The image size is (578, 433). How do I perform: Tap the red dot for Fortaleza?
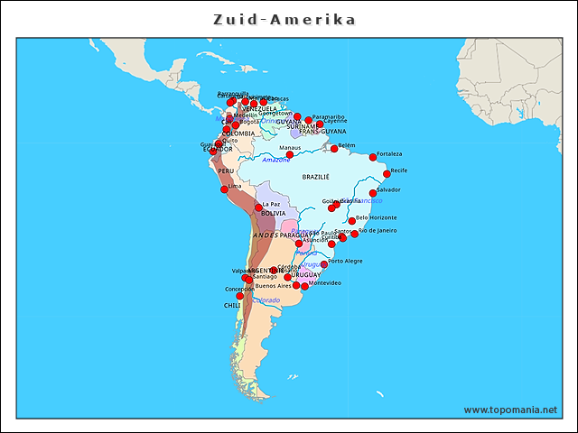tap(373, 157)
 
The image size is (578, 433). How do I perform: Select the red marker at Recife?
tap(387, 173)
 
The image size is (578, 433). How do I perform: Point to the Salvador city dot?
tap(373, 193)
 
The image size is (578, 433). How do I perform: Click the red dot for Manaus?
tap(290, 154)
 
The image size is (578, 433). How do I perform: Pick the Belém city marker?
tap(334, 148)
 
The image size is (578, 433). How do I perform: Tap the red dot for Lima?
tap(225, 189)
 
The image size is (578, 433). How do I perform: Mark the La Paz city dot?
tap(258, 207)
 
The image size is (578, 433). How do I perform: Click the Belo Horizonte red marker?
tap(352, 221)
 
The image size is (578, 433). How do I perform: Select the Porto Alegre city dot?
tap(324, 264)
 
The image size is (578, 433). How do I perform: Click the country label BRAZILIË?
tap(316, 177)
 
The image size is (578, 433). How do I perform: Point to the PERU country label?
tap(226, 170)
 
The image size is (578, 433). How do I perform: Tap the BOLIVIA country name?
tap(274, 214)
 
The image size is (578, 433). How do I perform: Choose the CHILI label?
tap(232, 306)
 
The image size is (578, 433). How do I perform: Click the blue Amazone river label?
tap(276, 160)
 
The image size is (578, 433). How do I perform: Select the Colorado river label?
tap(266, 300)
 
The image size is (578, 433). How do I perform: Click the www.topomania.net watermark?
tap(510, 410)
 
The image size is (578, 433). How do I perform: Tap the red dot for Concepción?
tap(240, 295)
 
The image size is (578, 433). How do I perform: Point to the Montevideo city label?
tap(325, 283)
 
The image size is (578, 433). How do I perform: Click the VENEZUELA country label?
tap(260, 109)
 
